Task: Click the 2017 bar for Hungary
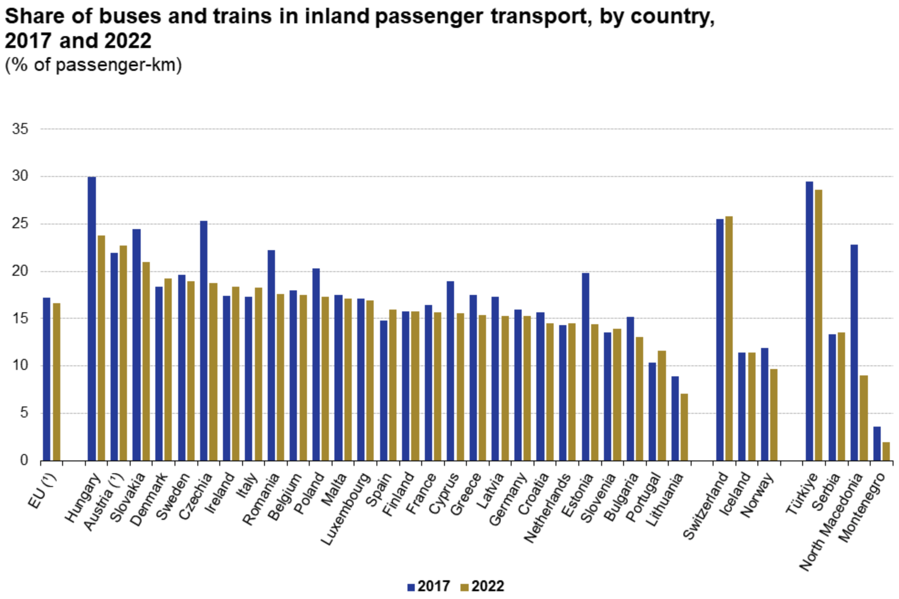click(92, 319)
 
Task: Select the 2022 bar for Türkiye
click(818, 325)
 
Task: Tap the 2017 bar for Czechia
click(204, 341)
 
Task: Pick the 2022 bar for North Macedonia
click(863, 418)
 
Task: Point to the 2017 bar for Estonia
click(585, 367)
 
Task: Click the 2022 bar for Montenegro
click(886, 451)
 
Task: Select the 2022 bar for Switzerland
click(729, 338)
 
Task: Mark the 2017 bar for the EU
click(47, 379)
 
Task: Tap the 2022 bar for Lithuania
click(684, 427)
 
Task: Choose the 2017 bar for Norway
click(764, 404)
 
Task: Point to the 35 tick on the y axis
click(20, 129)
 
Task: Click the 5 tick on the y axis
click(24, 413)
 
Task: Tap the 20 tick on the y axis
click(20, 272)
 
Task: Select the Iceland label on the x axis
click(735, 494)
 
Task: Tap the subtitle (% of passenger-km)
click(93, 65)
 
